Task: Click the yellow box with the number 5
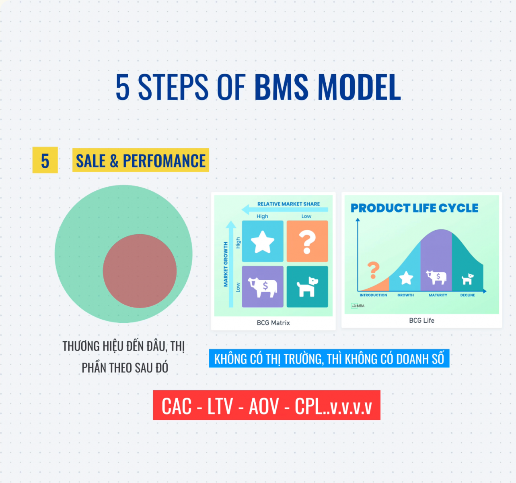(45, 160)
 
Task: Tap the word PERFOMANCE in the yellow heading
(164, 161)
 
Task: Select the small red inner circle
(140, 271)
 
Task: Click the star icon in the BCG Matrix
(262, 242)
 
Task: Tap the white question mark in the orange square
(307, 242)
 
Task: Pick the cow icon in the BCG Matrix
(262, 287)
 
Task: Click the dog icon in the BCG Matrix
(307, 287)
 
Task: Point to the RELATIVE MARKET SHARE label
(288, 204)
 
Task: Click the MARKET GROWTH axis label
(226, 264)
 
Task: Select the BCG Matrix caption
(273, 323)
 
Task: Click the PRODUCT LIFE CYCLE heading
(414, 208)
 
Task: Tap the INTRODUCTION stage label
(373, 295)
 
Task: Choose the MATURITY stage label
(438, 295)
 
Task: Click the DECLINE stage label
(468, 295)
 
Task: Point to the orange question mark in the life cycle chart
(374, 270)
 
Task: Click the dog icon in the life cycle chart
(467, 279)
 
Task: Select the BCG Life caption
(421, 320)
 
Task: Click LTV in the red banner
(220, 406)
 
